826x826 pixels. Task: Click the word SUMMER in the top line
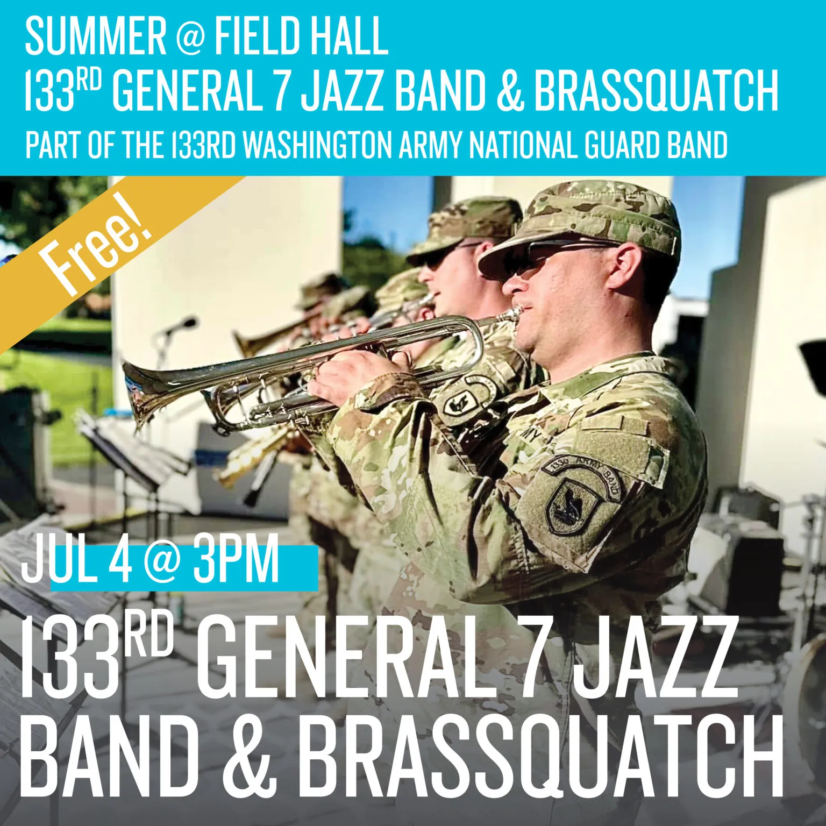tap(95, 36)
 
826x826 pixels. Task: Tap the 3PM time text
tap(237, 562)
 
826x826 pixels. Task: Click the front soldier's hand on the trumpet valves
tap(350, 371)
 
